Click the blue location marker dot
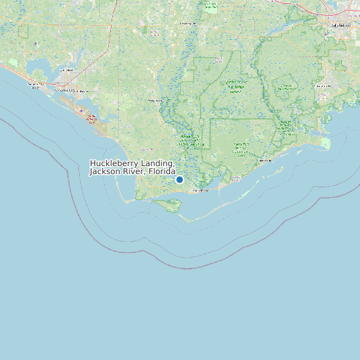point(179,179)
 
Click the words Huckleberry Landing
point(132,163)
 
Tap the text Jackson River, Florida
point(132,171)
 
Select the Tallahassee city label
point(340,25)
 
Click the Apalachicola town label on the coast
point(200,191)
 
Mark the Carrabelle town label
point(265,161)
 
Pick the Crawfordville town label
point(324,86)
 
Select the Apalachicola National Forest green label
point(235,87)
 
